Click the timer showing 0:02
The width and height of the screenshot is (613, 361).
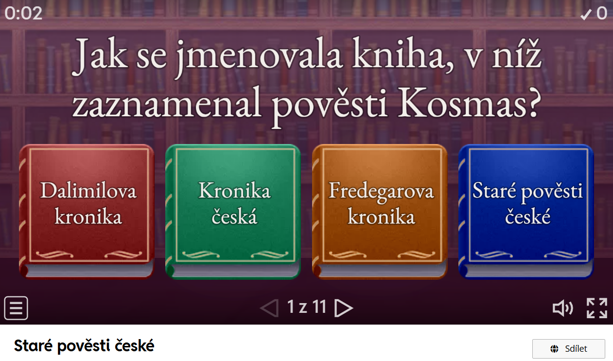click(23, 13)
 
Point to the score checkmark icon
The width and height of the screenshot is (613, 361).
click(585, 14)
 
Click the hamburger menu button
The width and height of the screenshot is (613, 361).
click(16, 308)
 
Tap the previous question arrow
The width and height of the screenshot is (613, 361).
click(269, 308)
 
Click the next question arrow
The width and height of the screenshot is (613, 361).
click(344, 308)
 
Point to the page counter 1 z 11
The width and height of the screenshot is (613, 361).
click(306, 307)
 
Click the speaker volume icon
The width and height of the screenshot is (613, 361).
click(562, 308)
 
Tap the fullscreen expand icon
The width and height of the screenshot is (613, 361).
click(597, 308)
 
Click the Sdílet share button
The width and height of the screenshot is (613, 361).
click(568, 349)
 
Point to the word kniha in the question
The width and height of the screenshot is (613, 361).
click(403, 54)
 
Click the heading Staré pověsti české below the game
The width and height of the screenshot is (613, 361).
click(84, 345)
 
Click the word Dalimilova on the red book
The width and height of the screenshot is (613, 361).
click(88, 190)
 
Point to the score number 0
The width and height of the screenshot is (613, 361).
click(602, 14)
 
